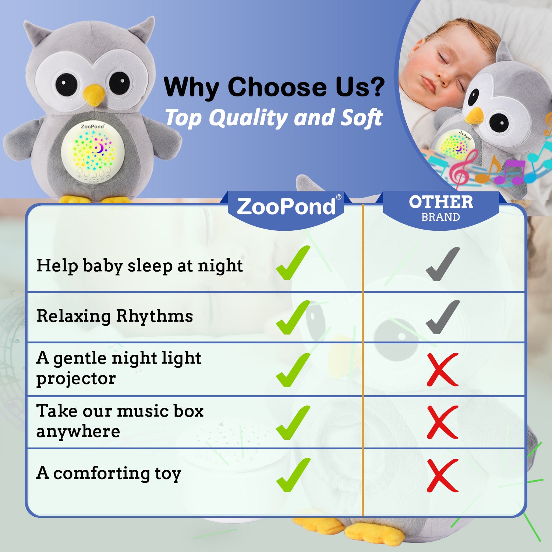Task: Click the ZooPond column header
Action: (286, 206)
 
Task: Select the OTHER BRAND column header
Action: (441, 208)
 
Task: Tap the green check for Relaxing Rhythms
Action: (293, 317)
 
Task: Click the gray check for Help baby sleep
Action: (443, 264)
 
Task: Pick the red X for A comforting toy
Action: (443, 475)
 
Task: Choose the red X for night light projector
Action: (443, 369)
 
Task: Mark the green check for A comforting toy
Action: (293, 475)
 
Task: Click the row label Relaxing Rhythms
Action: (115, 316)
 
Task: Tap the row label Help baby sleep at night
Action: (140, 266)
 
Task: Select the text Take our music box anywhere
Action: (120, 421)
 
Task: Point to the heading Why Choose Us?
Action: (274, 87)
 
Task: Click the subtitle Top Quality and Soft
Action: (274, 118)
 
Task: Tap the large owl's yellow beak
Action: (94, 94)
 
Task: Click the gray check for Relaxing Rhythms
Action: (443, 317)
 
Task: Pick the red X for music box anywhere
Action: (443, 422)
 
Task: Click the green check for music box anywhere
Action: (293, 422)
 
